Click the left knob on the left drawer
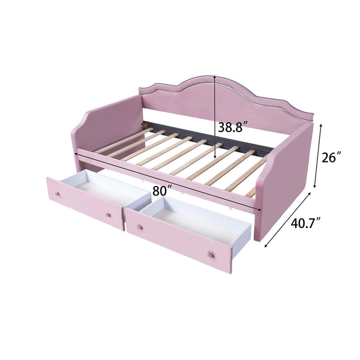[x=58, y=194]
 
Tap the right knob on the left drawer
[x=108, y=214]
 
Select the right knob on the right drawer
[x=211, y=256]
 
